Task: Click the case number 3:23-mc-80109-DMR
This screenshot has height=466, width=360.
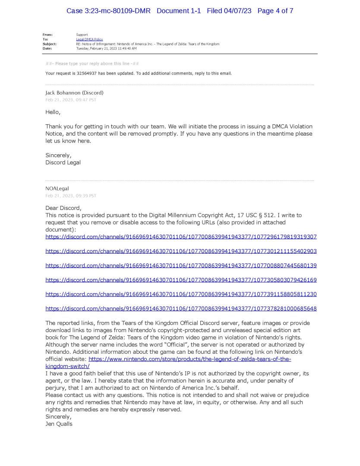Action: coord(108,11)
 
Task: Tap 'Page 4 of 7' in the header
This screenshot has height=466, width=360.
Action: coord(275,11)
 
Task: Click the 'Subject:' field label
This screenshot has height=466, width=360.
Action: coord(50,44)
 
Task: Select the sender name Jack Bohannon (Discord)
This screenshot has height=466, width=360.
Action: coord(74,93)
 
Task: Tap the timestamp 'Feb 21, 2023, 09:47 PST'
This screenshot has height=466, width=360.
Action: coord(71,100)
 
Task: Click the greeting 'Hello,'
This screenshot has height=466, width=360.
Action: coord(53,112)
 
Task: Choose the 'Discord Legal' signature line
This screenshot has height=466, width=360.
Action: coord(63,162)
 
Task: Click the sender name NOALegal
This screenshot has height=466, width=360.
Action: coord(57,189)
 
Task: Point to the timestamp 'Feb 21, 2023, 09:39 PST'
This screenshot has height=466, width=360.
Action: coord(71,196)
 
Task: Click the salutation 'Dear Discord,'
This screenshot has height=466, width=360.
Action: coord(63,208)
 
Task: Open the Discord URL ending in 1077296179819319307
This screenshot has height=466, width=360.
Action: coord(181,237)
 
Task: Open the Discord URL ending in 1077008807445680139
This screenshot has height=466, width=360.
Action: coord(181,266)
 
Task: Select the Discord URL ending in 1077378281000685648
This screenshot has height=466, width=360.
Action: coord(181,309)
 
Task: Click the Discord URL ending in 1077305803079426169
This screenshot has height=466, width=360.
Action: coord(181,280)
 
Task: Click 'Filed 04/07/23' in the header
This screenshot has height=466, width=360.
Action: coord(230,11)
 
